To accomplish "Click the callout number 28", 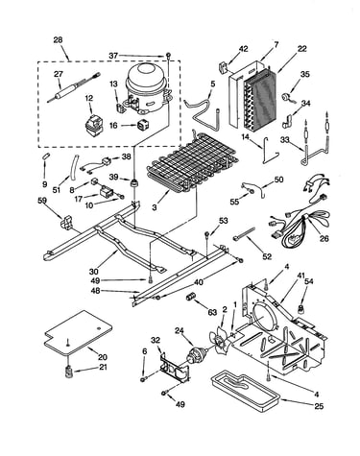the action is click(x=59, y=40).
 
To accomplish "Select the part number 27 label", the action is click(x=59, y=74).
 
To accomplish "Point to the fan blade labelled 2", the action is click(x=220, y=339).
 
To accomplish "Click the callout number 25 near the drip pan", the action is click(x=319, y=406).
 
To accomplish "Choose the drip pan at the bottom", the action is click(x=246, y=391).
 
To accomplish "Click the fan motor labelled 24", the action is click(x=196, y=353).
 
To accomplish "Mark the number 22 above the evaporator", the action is click(x=301, y=49).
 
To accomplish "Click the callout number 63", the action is click(x=212, y=313).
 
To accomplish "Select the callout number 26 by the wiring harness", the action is click(x=324, y=238).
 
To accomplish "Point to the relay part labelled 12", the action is click(x=92, y=127).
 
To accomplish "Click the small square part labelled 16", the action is click(x=142, y=125).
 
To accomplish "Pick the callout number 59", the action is click(x=42, y=201).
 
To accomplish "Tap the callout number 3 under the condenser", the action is click(x=155, y=207).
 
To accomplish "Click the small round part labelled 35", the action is click(x=285, y=97).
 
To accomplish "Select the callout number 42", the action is click(x=243, y=49).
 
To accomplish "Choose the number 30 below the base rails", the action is click(x=94, y=272).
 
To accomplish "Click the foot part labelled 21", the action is click(x=68, y=372).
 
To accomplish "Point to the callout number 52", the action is click(x=267, y=256).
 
